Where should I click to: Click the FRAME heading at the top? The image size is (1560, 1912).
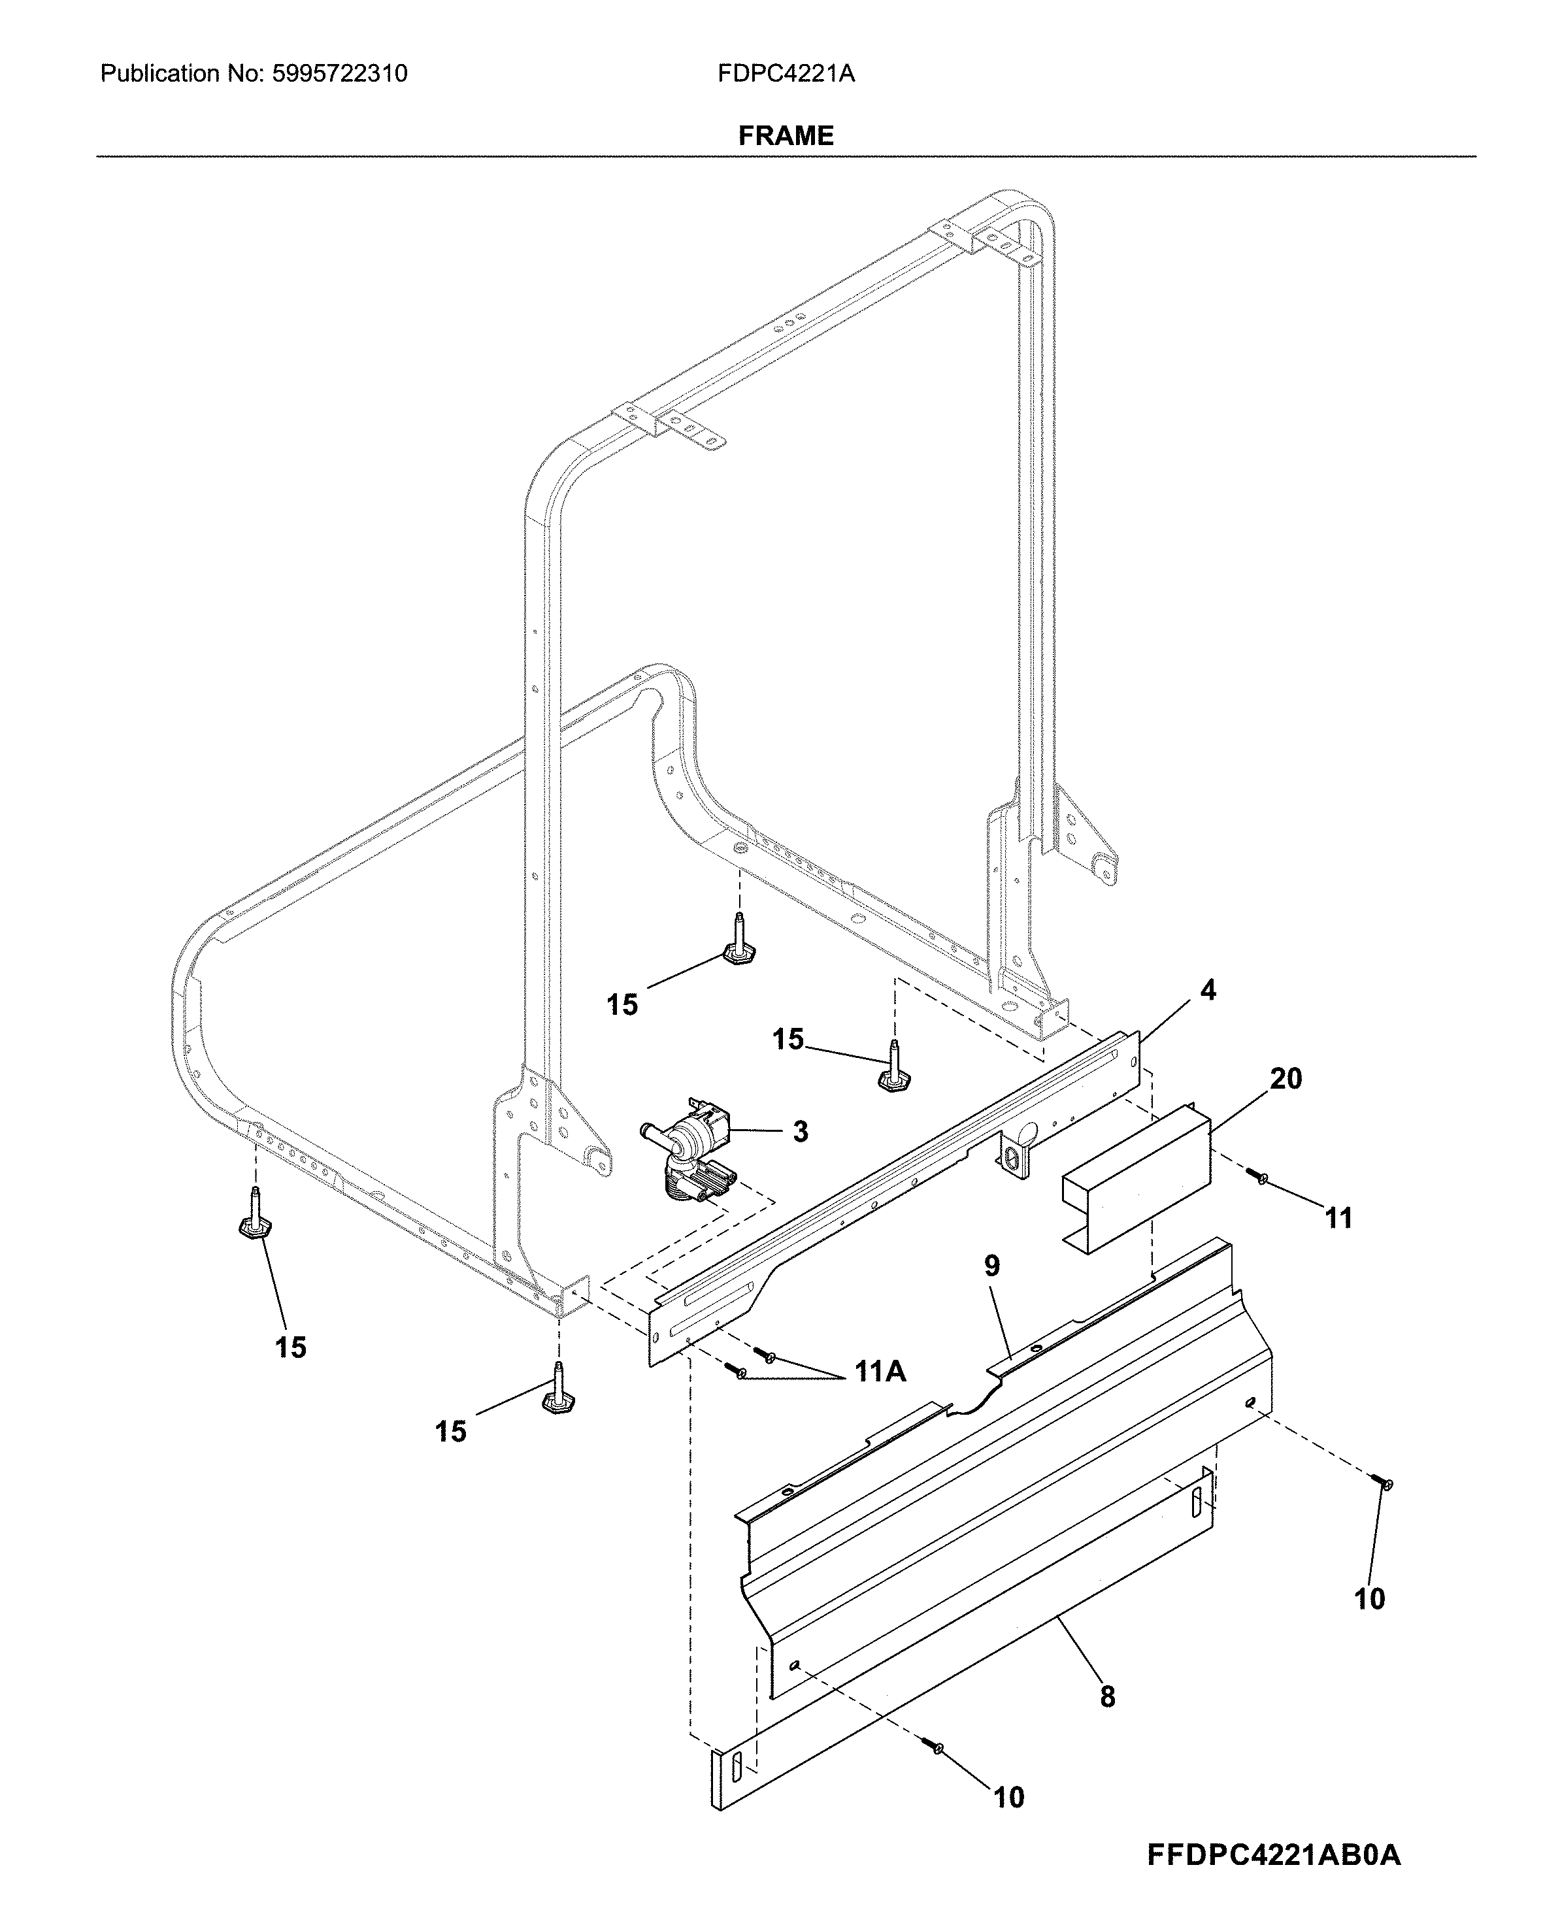(786, 136)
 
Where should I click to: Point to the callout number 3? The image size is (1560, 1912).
(801, 1132)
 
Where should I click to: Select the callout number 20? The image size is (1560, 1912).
(1286, 1078)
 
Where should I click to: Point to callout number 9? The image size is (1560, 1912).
(991, 1267)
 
